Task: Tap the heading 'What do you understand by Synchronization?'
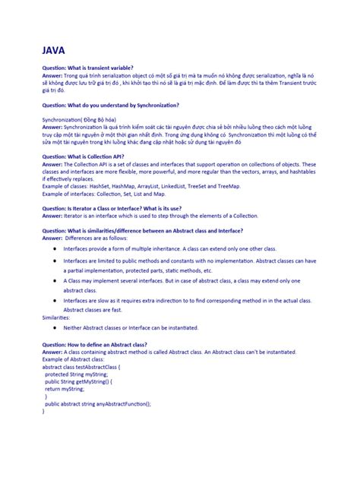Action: pyautogui.click(x=111, y=104)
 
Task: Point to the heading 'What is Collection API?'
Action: pyautogui.click(x=83, y=156)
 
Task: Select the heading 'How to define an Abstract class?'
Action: pyautogui.click(x=95, y=345)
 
